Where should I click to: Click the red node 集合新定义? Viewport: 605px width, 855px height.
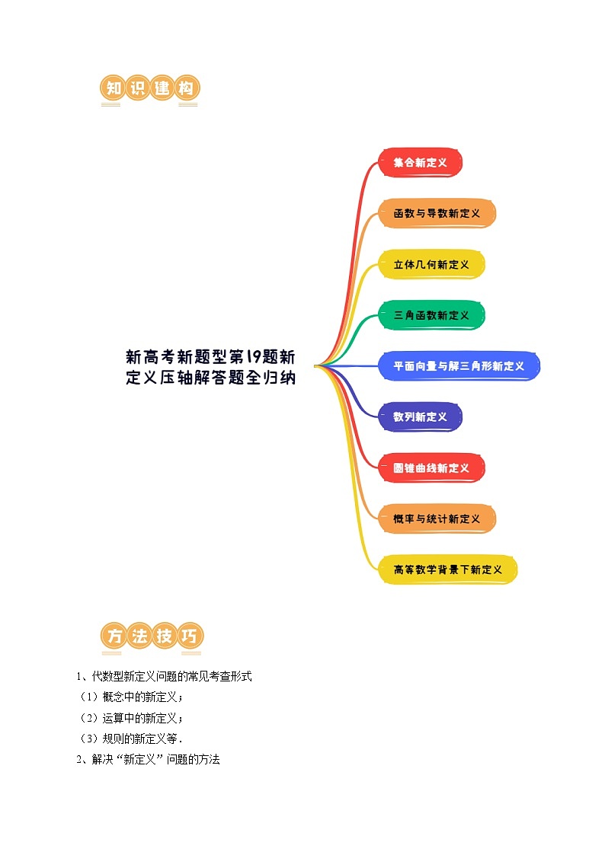pyautogui.click(x=420, y=162)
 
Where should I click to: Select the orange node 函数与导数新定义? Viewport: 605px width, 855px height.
pyautogui.click(x=437, y=213)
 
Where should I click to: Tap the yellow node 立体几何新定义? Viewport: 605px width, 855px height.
pyautogui.click(x=431, y=264)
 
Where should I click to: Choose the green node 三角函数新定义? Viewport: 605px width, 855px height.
pyautogui.click(x=431, y=315)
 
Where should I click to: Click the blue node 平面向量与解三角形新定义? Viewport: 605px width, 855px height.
pyautogui.click(x=459, y=366)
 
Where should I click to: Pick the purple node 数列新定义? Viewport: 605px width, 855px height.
pyautogui.click(x=420, y=417)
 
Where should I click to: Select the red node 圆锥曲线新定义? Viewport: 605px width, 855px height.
pyautogui.click(x=431, y=467)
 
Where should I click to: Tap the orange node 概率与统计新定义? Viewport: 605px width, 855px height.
pyautogui.click(x=437, y=518)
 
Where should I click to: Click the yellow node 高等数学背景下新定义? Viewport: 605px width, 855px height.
pyautogui.click(x=447, y=569)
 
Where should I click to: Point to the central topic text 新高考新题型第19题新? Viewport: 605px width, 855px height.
pyautogui.click(x=210, y=357)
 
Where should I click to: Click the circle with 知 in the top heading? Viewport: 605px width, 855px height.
pyautogui.click(x=113, y=88)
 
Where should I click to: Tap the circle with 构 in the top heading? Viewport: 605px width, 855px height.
pyautogui.click(x=187, y=88)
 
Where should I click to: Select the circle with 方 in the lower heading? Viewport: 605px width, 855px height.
pyautogui.click(x=114, y=636)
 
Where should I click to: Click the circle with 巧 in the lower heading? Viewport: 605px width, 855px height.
pyautogui.click(x=190, y=636)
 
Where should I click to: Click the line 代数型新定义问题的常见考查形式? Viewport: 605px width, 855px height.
pyautogui.click(x=165, y=676)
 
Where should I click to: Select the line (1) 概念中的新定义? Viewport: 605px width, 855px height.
pyautogui.click(x=132, y=697)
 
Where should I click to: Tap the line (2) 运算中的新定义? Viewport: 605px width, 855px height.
pyautogui.click(x=132, y=718)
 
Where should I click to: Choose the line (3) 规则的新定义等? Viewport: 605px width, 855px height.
pyautogui.click(x=132, y=739)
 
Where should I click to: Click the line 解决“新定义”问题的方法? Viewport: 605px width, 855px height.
pyautogui.click(x=149, y=759)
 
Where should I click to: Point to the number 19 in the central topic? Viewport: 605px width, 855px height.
pyautogui.click(x=254, y=357)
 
